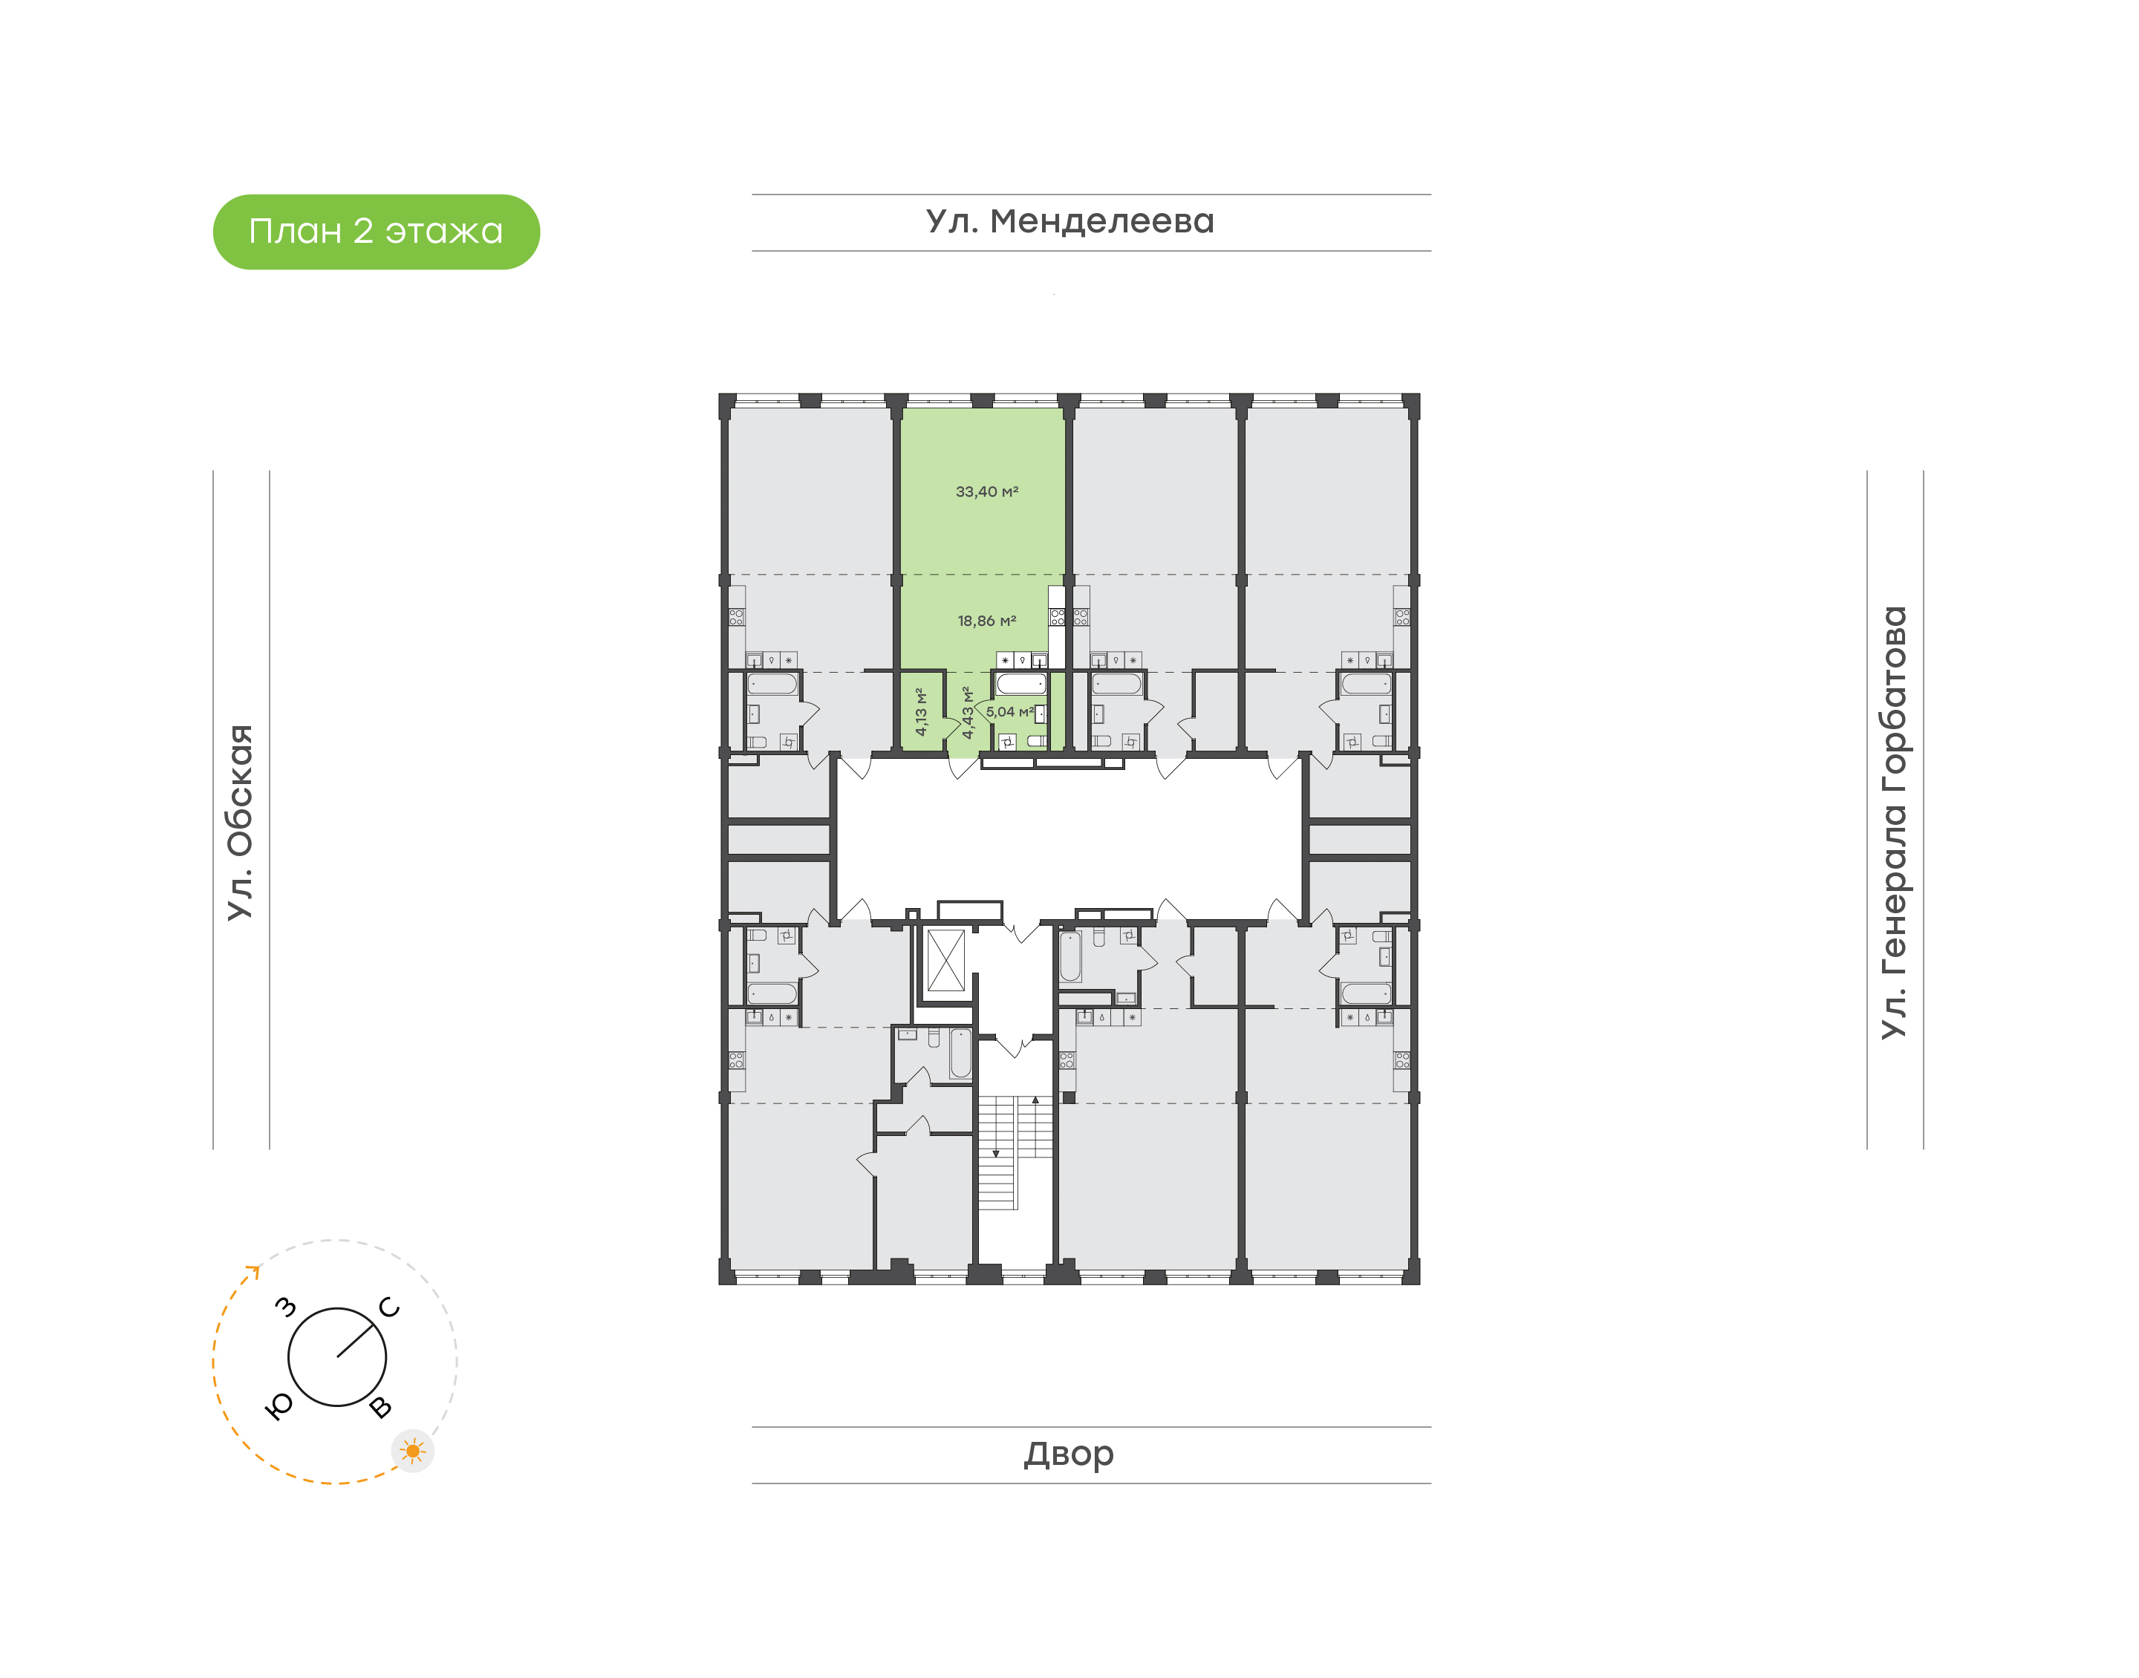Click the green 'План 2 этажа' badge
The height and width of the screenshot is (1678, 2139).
click(377, 232)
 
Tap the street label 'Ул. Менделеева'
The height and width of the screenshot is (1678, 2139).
click(1070, 221)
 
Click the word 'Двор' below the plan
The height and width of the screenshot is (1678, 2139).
click(1069, 1454)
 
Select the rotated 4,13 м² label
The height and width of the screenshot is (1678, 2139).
click(921, 711)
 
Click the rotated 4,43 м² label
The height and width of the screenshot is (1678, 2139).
click(968, 712)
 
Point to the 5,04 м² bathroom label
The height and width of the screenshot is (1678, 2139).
click(1010, 711)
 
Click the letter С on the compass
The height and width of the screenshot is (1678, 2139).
click(390, 1308)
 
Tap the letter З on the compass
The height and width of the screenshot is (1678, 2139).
click(285, 1307)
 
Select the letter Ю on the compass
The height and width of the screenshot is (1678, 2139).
click(280, 1407)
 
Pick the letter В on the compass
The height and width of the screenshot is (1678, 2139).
click(380, 1408)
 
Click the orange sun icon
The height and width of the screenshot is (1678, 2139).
click(413, 1451)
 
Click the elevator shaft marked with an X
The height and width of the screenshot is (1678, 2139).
click(946, 960)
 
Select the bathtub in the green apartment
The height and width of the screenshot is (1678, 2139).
click(1022, 684)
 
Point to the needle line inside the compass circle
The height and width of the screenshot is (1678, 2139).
click(359, 1340)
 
